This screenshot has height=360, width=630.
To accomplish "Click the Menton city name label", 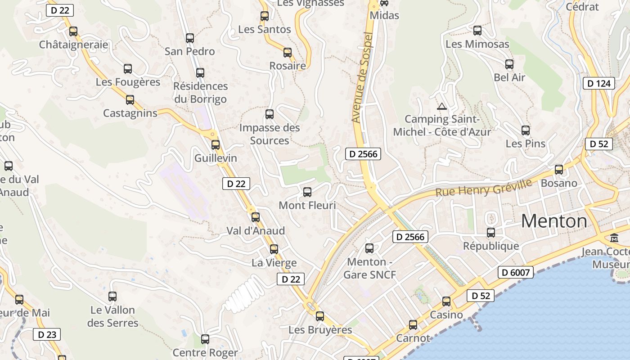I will pyautogui.click(x=554, y=221).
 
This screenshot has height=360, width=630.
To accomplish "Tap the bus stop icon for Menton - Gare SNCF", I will pyautogui.click(x=369, y=248).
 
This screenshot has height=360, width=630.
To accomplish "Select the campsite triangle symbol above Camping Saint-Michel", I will pyautogui.click(x=442, y=107).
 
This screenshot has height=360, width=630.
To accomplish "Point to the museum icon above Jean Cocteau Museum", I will pyautogui.click(x=614, y=238).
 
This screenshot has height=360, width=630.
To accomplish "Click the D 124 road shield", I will pyautogui.click(x=599, y=83).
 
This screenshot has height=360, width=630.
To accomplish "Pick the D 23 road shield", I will pyautogui.click(x=47, y=334).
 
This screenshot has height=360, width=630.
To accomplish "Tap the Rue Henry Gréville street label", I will pyautogui.click(x=483, y=188).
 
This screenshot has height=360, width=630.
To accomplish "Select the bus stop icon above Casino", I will pyautogui.click(x=446, y=301).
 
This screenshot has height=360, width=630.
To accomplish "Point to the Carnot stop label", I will pyautogui.click(x=413, y=338).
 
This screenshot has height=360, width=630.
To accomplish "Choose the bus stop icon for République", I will pyautogui.click(x=491, y=233).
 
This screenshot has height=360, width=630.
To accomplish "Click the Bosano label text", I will pyautogui.click(x=559, y=183).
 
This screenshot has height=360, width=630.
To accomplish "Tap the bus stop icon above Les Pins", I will pyautogui.click(x=526, y=130).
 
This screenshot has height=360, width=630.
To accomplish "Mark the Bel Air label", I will pyautogui.click(x=509, y=77).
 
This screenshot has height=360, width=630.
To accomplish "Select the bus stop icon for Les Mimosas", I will pyautogui.click(x=477, y=31).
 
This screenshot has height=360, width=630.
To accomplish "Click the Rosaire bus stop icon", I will pyautogui.click(x=288, y=53).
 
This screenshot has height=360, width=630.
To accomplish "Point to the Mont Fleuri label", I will pyautogui.click(x=307, y=206).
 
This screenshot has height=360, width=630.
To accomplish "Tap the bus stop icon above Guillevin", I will pyautogui.click(x=216, y=145).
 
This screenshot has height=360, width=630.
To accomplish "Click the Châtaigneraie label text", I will pyautogui.click(x=73, y=45).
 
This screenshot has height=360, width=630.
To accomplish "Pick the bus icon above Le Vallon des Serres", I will pyautogui.click(x=112, y=297).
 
